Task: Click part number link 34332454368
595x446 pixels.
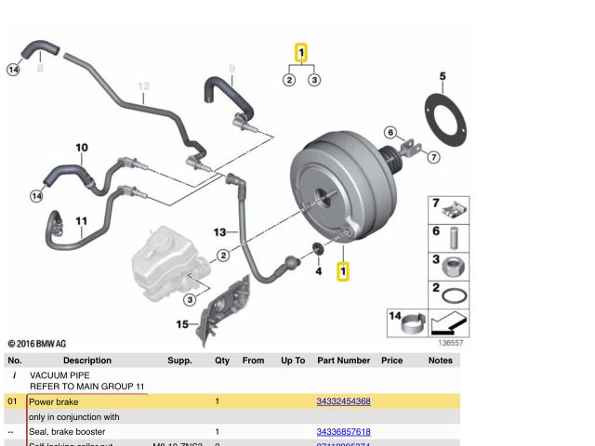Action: click(x=343, y=401)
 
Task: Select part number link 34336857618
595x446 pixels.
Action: click(x=343, y=432)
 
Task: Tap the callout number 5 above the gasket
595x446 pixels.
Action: click(x=443, y=76)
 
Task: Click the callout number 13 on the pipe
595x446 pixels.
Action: click(x=219, y=231)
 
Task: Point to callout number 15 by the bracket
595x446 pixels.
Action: click(x=182, y=324)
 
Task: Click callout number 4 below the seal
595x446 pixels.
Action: click(x=318, y=271)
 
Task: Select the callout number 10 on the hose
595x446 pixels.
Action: click(x=82, y=148)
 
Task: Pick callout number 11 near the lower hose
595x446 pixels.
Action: click(x=82, y=221)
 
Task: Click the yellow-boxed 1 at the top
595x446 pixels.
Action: click(x=301, y=53)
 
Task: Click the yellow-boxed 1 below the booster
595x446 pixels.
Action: click(x=343, y=271)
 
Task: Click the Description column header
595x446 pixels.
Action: click(x=87, y=361)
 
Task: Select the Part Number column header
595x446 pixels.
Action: click(x=343, y=361)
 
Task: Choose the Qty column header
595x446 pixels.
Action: click(x=222, y=361)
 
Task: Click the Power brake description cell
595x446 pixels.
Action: click(x=54, y=401)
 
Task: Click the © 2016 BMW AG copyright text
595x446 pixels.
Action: click(x=37, y=344)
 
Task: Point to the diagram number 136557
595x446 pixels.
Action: click(x=450, y=343)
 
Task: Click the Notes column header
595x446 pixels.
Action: click(x=441, y=361)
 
